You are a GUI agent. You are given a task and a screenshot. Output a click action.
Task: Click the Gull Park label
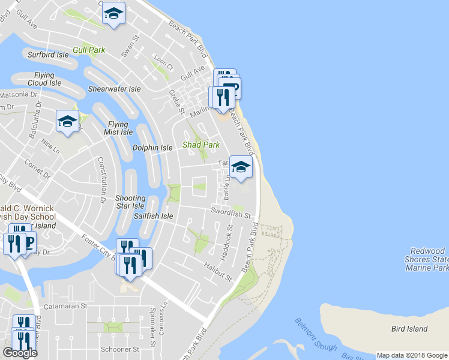(x=89, y=50)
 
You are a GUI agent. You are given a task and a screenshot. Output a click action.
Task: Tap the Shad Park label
(x=200, y=145)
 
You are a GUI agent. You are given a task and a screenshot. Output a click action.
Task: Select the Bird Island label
(x=409, y=329)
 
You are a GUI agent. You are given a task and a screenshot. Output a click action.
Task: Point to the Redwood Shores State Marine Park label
(x=428, y=259)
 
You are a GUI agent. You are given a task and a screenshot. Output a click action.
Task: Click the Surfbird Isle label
(x=50, y=55)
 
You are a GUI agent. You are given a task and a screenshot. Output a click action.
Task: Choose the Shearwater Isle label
(x=114, y=89)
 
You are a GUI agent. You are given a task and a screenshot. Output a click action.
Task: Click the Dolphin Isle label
(x=152, y=148)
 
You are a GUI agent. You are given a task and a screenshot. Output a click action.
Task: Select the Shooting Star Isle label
(x=130, y=202)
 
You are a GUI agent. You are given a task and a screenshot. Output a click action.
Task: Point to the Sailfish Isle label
(x=153, y=216)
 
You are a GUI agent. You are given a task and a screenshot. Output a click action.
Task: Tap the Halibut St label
(x=217, y=271)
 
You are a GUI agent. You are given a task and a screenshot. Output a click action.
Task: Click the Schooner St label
(x=119, y=349)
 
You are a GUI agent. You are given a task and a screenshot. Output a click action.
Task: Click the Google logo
(x=20, y=353)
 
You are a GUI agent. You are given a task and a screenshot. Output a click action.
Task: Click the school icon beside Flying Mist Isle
(x=67, y=121)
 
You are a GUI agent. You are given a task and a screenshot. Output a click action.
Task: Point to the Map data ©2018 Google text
(x=412, y=355)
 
